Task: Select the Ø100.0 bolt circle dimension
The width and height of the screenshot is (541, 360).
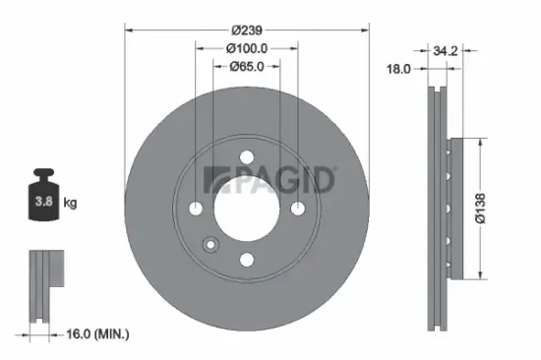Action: coord(247,47)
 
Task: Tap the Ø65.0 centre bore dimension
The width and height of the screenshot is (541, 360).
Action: coord(247,67)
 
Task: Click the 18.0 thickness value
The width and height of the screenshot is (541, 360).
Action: coord(398,69)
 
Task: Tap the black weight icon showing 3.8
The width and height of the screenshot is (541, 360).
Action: coord(44,202)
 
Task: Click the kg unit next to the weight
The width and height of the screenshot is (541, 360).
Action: coord(71,204)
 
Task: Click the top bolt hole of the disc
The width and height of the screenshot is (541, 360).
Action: coord(246,156)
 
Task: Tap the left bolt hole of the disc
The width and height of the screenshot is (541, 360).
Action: coord(196,208)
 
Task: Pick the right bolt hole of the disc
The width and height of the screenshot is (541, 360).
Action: coord(297,208)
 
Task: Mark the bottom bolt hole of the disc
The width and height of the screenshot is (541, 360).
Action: coord(246,259)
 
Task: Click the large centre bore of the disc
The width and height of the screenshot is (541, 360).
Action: coord(246,208)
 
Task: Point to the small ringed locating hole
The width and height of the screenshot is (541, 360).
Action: coord(210,246)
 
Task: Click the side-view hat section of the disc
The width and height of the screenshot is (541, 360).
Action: coord(451,208)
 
